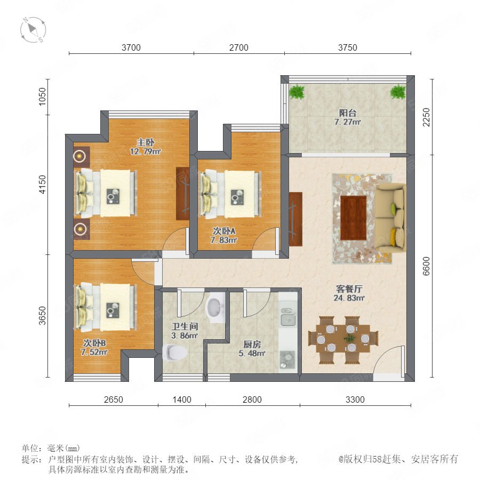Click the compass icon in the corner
point(33,30)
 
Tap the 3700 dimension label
point(131,47)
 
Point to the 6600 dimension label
point(426,266)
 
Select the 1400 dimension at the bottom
point(182,399)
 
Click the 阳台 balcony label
point(348,113)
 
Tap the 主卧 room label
point(146,142)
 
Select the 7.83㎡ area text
point(224,240)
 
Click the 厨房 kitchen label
point(252,345)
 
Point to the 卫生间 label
point(185,326)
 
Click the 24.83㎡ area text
point(349,298)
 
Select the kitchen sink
point(288,316)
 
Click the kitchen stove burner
point(287,359)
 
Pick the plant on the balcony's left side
point(297,92)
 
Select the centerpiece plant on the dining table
point(349,339)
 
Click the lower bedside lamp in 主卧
point(80,228)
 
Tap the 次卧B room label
point(94,343)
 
